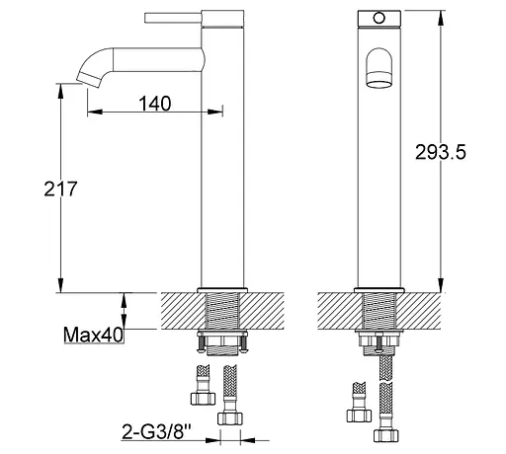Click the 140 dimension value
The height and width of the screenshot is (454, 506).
coord(155,104)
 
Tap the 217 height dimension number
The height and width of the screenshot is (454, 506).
coord(60,189)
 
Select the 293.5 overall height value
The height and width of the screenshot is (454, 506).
coord(441,152)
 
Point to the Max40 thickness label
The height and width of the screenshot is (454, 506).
coord(93,335)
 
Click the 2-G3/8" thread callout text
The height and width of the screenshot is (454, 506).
coord(156,431)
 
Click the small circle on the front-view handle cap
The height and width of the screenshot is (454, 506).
coord(379,18)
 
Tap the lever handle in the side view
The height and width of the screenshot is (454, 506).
coord(173,18)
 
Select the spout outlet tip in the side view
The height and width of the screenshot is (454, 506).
coord(89,80)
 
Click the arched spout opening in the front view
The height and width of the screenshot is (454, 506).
coord(379,68)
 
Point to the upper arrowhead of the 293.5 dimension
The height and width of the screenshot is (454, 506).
coord(441,18)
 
